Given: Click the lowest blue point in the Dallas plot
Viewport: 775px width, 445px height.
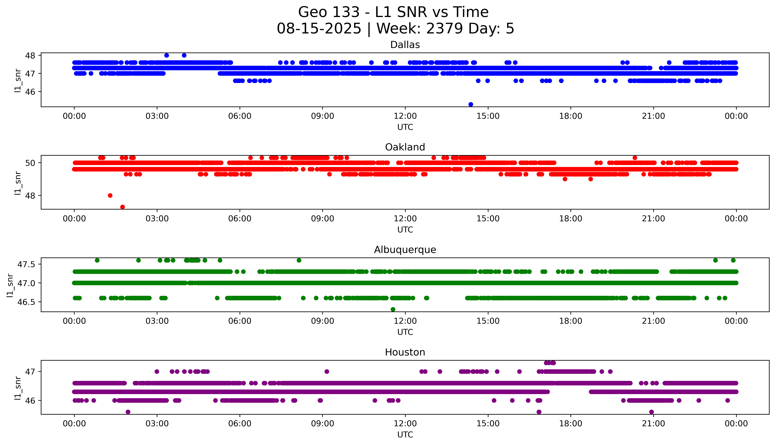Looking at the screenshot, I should coord(471,104).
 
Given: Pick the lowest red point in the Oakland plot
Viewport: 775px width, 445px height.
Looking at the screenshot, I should coord(123,207).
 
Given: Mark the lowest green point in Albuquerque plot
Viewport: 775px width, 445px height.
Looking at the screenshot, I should coord(393,309).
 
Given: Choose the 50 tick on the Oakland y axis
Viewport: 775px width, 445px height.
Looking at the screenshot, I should coord(32,163).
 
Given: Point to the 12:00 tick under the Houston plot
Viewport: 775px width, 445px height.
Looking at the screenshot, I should coord(405,424).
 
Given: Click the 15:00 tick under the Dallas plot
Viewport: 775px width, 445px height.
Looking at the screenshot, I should coord(488,116).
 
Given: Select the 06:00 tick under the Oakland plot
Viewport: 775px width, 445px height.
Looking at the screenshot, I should coord(240,218).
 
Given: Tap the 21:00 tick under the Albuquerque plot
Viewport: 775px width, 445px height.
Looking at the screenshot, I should coord(653,321).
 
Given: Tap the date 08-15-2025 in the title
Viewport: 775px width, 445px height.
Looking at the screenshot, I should coord(319,29).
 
